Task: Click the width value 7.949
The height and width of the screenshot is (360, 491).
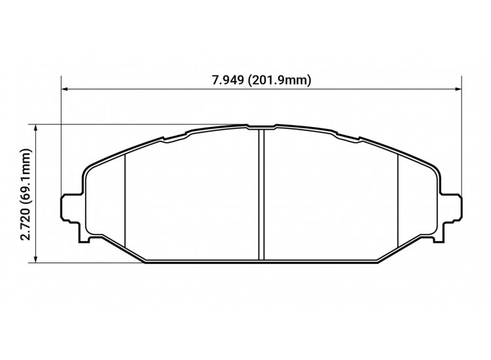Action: pyautogui.click(x=227, y=81)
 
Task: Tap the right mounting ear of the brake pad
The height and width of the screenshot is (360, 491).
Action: pyautogui.click(x=452, y=207)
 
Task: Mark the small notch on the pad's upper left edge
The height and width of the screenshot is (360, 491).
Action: pyautogui.click(x=163, y=139)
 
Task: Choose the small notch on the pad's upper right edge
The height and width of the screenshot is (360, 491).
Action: pyautogui.click(x=359, y=139)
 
